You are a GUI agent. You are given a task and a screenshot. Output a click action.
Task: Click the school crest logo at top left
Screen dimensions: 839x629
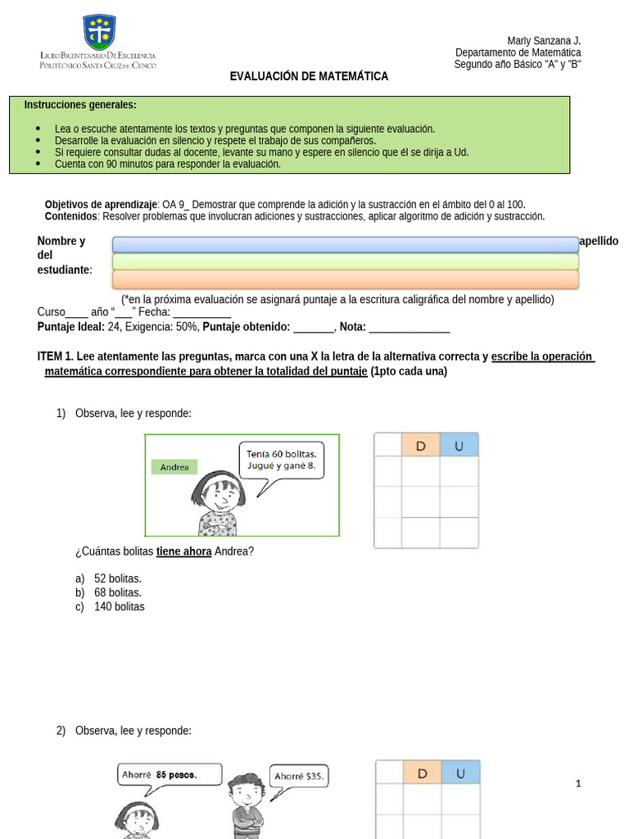tap(99, 32)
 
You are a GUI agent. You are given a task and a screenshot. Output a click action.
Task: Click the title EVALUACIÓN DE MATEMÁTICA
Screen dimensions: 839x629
tap(309, 76)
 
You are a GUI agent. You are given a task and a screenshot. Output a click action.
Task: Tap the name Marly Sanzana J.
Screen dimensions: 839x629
tap(544, 41)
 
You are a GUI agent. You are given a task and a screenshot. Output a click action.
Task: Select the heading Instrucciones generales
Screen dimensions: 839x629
tap(80, 105)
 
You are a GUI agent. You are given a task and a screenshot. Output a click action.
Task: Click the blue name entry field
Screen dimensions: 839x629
tap(345, 244)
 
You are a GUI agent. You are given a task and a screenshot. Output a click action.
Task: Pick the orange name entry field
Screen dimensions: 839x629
tap(345, 279)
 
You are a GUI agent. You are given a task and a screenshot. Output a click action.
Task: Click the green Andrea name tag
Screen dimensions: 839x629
tap(174, 467)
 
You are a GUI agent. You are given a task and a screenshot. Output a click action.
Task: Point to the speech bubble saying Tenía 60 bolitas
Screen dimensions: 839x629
tap(281, 461)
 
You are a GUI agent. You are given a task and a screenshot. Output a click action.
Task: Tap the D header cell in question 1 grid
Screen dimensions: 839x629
tap(421, 445)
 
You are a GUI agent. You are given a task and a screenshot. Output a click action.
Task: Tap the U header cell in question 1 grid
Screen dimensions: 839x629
tap(459, 445)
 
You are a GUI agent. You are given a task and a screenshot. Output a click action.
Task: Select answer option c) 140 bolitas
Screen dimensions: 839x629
tap(110, 606)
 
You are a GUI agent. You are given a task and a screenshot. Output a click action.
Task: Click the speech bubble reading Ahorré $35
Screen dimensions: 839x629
tap(299, 776)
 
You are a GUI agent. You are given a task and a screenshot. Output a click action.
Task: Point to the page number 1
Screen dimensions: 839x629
tap(578, 783)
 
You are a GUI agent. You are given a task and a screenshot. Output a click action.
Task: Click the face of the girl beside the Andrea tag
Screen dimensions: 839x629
tap(219, 495)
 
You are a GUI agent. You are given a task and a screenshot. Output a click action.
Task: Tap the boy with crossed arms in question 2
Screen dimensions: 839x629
tap(245, 807)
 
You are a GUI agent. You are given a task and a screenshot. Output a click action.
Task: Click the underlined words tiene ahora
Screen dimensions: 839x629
tap(183, 551)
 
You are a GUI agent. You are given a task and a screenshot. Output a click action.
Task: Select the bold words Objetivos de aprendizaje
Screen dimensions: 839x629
tap(101, 204)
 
